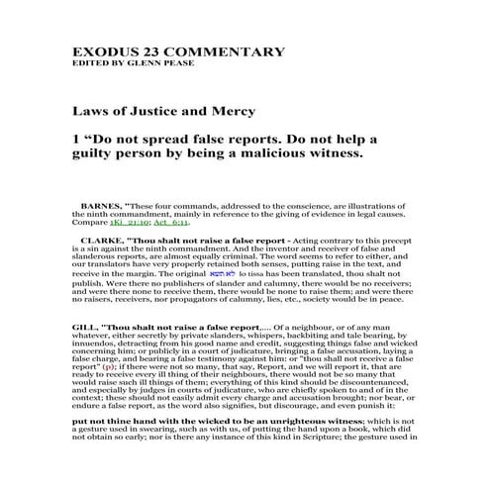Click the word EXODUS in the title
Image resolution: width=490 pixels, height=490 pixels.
coord(104,51)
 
